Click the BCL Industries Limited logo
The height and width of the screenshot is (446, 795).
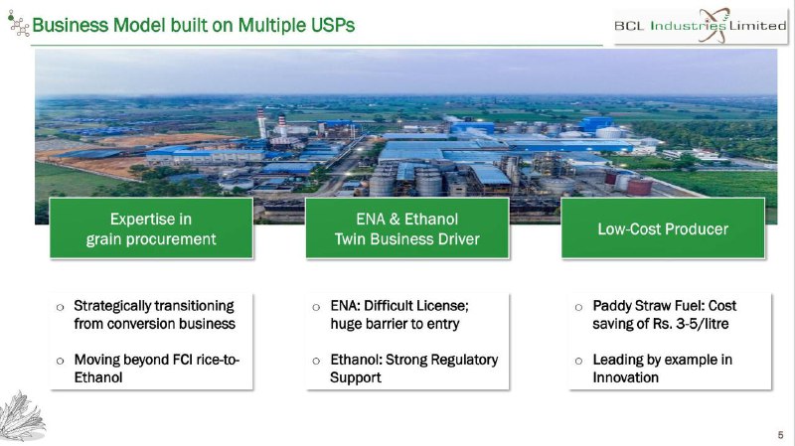tap(701, 26)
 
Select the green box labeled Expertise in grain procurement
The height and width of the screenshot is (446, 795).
tap(151, 228)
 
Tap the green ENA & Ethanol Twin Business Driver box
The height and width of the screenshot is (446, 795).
tap(407, 228)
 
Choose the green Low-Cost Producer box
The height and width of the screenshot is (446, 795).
tap(663, 228)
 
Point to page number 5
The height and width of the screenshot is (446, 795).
tap(780, 435)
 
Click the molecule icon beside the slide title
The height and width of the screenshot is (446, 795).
tap(18, 23)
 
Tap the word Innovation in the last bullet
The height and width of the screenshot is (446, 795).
tap(626, 377)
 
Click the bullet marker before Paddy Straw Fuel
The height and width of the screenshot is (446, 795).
tap(578, 307)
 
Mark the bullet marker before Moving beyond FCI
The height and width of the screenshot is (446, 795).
tap(61, 361)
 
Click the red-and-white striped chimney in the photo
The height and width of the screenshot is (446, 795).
tap(261, 122)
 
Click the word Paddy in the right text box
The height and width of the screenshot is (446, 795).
tap(610, 306)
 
